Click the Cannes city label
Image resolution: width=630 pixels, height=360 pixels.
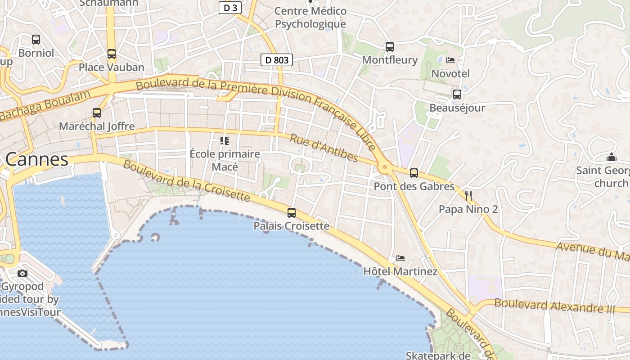click(x=37, y=159)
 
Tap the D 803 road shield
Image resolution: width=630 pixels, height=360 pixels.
click(x=277, y=60)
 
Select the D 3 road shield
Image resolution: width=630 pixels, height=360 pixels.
click(x=230, y=8)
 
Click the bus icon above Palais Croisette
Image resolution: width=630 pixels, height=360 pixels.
click(x=292, y=213)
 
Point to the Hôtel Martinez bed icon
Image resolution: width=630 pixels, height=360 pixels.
click(x=400, y=258)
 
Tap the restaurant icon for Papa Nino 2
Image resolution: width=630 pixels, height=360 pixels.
click(x=468, y=195)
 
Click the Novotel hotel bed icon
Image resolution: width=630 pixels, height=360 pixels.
click(x=450, y=60)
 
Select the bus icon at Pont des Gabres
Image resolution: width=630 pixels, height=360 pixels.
click(x=414, y=173)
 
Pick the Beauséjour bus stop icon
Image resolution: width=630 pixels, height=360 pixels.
click(x=457, y=94)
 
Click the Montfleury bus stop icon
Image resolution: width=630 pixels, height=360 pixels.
click(x=390, y=46)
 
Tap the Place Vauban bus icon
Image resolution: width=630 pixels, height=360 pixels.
click(x=112, y=54)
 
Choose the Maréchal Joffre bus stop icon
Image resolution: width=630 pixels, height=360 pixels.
click(x=97, y=113)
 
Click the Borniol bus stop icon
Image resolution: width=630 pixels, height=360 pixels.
click(x=36, y=40)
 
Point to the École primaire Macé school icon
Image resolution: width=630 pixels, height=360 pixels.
click(x=225, y=141)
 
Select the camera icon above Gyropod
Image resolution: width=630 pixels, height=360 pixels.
click(x=22, y=273)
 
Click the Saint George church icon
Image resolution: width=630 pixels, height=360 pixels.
click(x=611, y=157)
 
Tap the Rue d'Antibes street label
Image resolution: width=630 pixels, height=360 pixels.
click(x=324, y=148)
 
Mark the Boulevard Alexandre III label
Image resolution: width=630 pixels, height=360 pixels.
click(x=554, y=306)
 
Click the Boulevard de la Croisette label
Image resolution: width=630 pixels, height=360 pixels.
click(x=186, y=181)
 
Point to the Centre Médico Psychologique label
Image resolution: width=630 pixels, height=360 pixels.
click(x=310, y=17)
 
